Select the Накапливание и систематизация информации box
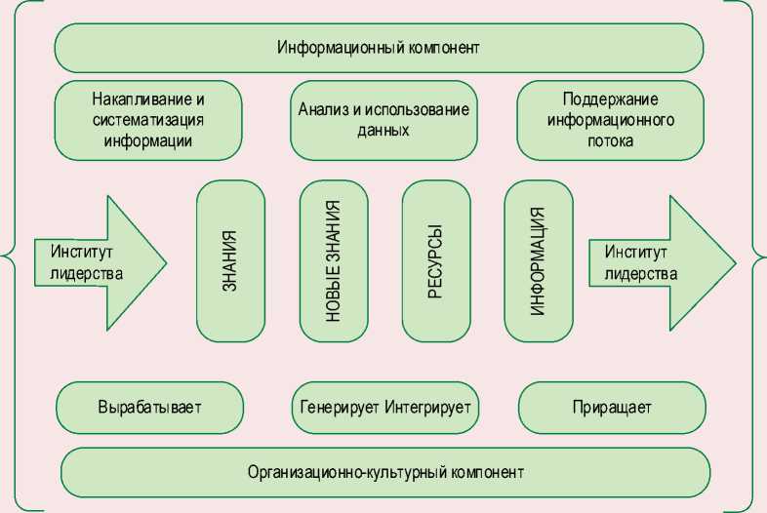[148, 120]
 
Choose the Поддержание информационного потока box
[610, 120]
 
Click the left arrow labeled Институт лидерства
[98, 262]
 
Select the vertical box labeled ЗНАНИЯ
[230, 262]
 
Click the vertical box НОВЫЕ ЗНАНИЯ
[334, 262]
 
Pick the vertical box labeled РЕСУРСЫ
[436, 262]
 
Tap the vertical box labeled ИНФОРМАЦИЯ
[538, 262]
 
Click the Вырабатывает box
[148, 407]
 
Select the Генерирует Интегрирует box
[383, 407]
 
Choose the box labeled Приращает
[611, 407]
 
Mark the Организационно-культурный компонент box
[384, 472]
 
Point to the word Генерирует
[339, 407]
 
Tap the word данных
[383, 130]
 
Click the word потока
[611, 140]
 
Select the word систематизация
[148, 120]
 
